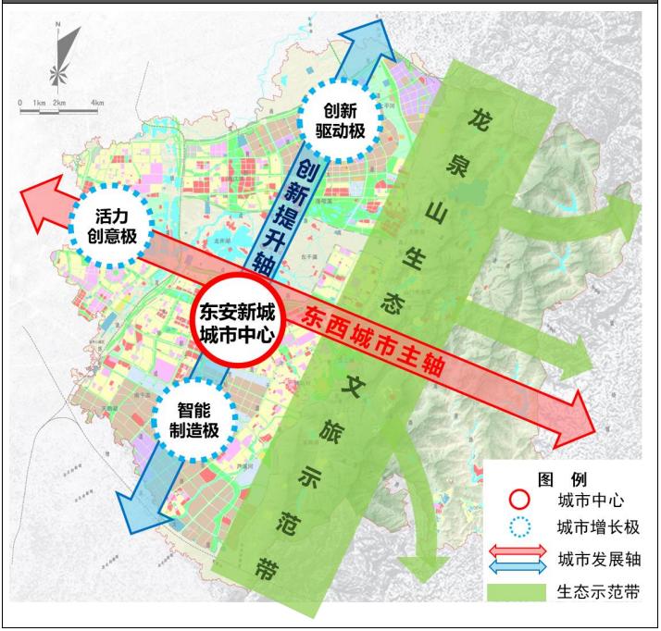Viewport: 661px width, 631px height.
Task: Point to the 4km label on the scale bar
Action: click(97, 102)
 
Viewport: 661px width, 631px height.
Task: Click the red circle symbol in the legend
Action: click(520, 500)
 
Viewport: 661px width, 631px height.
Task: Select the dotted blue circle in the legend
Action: click(520, 528)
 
